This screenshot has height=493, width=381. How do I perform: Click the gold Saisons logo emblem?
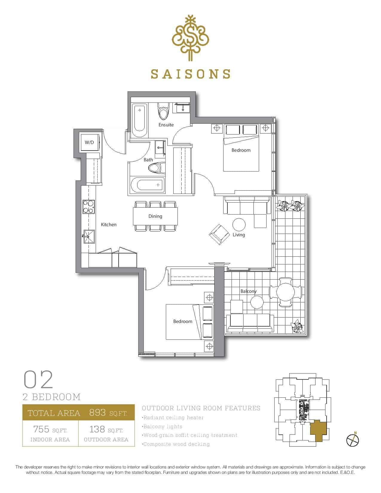pos(190,38)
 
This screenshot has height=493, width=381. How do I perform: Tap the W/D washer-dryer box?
pos(89,143)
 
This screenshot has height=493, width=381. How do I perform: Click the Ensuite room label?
pos(166,125)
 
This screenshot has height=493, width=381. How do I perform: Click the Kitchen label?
pos(109,225)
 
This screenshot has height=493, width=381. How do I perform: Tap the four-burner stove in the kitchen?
pos(88,207)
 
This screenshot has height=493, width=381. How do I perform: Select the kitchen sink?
pos(89,236)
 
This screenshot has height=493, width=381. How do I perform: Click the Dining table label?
pos(155,216)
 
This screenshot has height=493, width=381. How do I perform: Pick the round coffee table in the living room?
pos(239,225)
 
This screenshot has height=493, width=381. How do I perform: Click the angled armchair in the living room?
pos(219,235)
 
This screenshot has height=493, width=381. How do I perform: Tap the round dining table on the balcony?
pos(285,292)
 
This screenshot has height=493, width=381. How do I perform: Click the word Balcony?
pos(249,291)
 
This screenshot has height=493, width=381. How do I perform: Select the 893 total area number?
pos(97,412)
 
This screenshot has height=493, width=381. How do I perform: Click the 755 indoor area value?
pos(41,429)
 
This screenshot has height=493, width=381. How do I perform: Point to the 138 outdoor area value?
pos(97,429)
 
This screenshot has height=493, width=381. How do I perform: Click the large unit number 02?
pos(38,379)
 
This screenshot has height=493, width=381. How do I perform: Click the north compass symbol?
pos(352,440)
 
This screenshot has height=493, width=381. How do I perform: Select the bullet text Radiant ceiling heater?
pos(173,417)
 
